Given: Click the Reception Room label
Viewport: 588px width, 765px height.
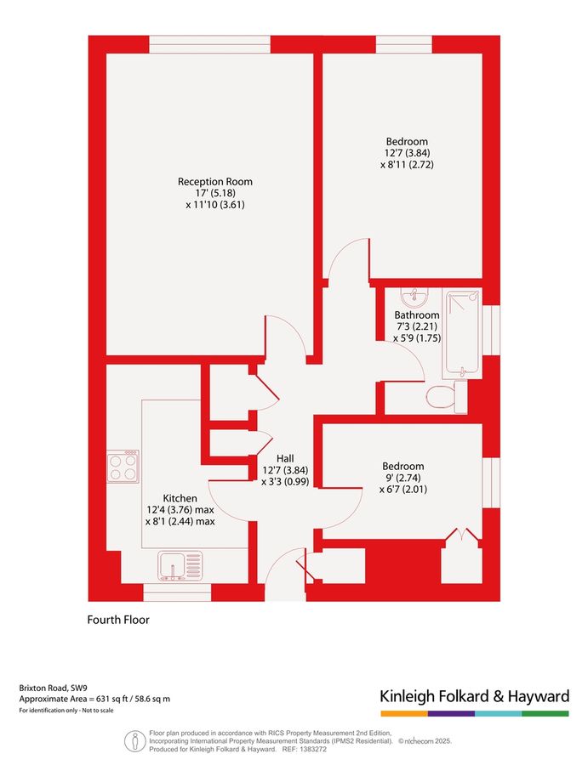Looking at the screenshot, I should pyautogui.click(x=214, y=181).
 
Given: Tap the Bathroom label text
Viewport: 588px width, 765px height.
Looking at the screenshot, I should pyautogui.click(x=415, y=314).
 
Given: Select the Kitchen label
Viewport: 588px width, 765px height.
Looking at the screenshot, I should pyautogui.click(x=180, y=498).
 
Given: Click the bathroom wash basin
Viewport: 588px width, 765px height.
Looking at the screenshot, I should pyautogui.click(x=416, y=297).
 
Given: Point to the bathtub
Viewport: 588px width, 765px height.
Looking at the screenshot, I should pyautogui.click(x=462, y=333).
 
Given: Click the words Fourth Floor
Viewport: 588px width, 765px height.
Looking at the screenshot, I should pyautogui.click(x=118, y=620).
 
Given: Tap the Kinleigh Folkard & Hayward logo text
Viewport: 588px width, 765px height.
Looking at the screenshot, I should pyautogui.click(x=474, y=697).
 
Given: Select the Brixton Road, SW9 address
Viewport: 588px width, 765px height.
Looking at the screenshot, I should pyautogui.click(x=52, y=688).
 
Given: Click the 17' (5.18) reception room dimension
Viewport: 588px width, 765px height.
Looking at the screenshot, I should pyautogui.click(x=214, y=193).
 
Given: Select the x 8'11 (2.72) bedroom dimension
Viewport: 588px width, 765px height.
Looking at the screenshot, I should pyautogui.click(x=407, y=165).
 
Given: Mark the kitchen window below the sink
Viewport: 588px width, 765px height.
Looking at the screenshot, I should pyautogui.click(x=177, y=592).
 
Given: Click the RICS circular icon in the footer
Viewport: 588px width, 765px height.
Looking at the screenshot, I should pyautogui.click(x=134, y=741).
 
